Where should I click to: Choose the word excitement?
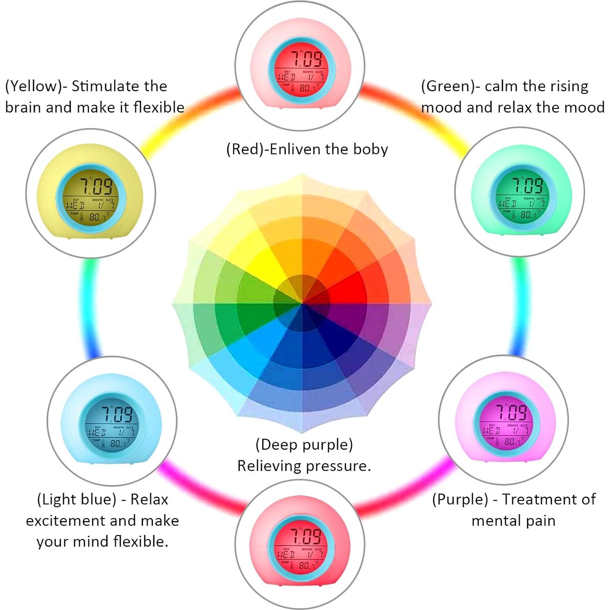tap(65, 521)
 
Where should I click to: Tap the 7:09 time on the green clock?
tap(527, 186)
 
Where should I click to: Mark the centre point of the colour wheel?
tap(302, 303)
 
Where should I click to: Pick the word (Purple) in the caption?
tap(460, 499)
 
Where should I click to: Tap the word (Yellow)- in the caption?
tap(36, 86)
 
